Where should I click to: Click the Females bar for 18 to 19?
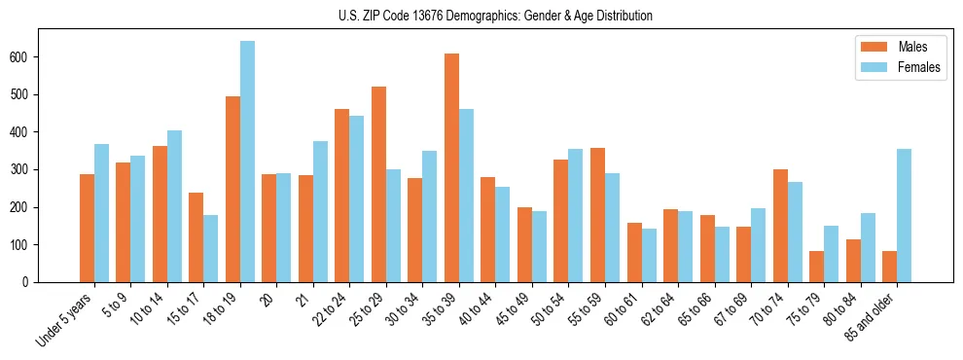247,162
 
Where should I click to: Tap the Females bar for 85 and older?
904,215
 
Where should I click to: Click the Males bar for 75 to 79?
816,267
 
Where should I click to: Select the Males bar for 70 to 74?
780,226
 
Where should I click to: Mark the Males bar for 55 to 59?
597,215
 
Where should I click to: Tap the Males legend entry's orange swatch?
871,47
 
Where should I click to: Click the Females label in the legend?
918,68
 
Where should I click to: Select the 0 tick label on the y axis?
29,282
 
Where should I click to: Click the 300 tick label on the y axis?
23,170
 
